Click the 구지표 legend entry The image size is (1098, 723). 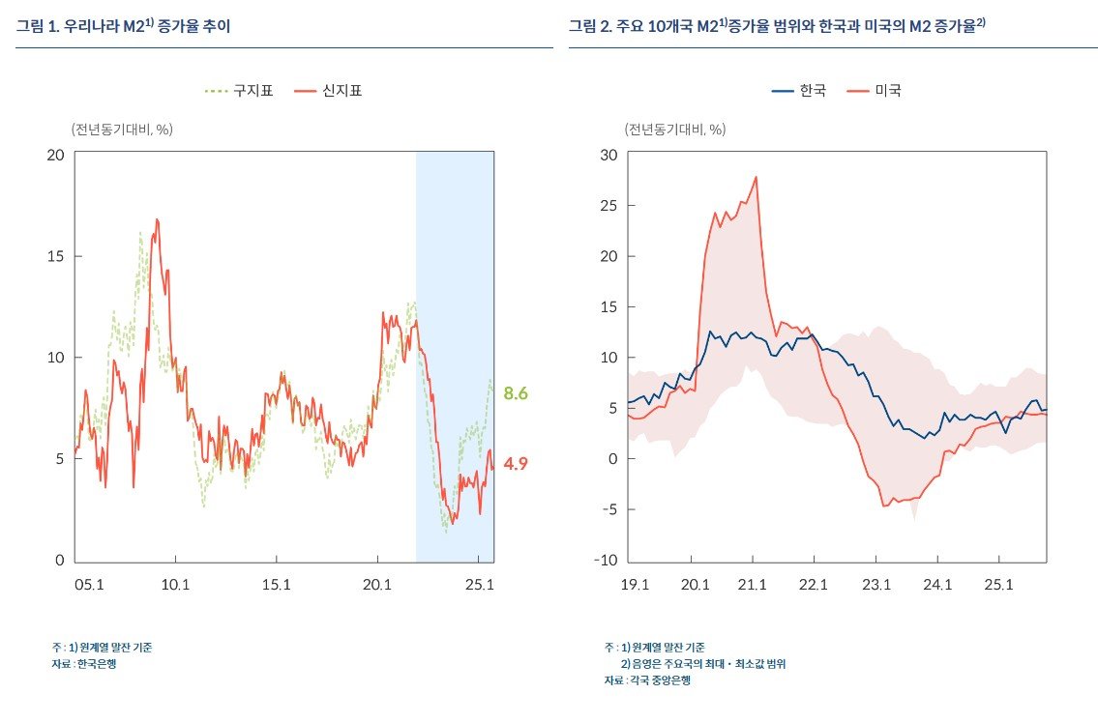coord(239,91)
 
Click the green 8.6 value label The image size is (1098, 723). coord(515,393)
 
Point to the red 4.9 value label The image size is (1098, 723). coord(515,463)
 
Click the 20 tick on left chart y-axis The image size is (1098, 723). coord(55,155)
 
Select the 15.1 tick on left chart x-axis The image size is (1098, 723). coord(277,584)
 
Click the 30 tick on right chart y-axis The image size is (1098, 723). coord(608,155)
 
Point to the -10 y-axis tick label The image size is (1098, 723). coord(606,561)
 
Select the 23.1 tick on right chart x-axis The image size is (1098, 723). coord(875,584)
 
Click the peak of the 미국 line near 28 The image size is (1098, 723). coord(756,177)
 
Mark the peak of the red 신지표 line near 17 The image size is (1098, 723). coord(156,219)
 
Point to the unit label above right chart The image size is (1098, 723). coord(675,129)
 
